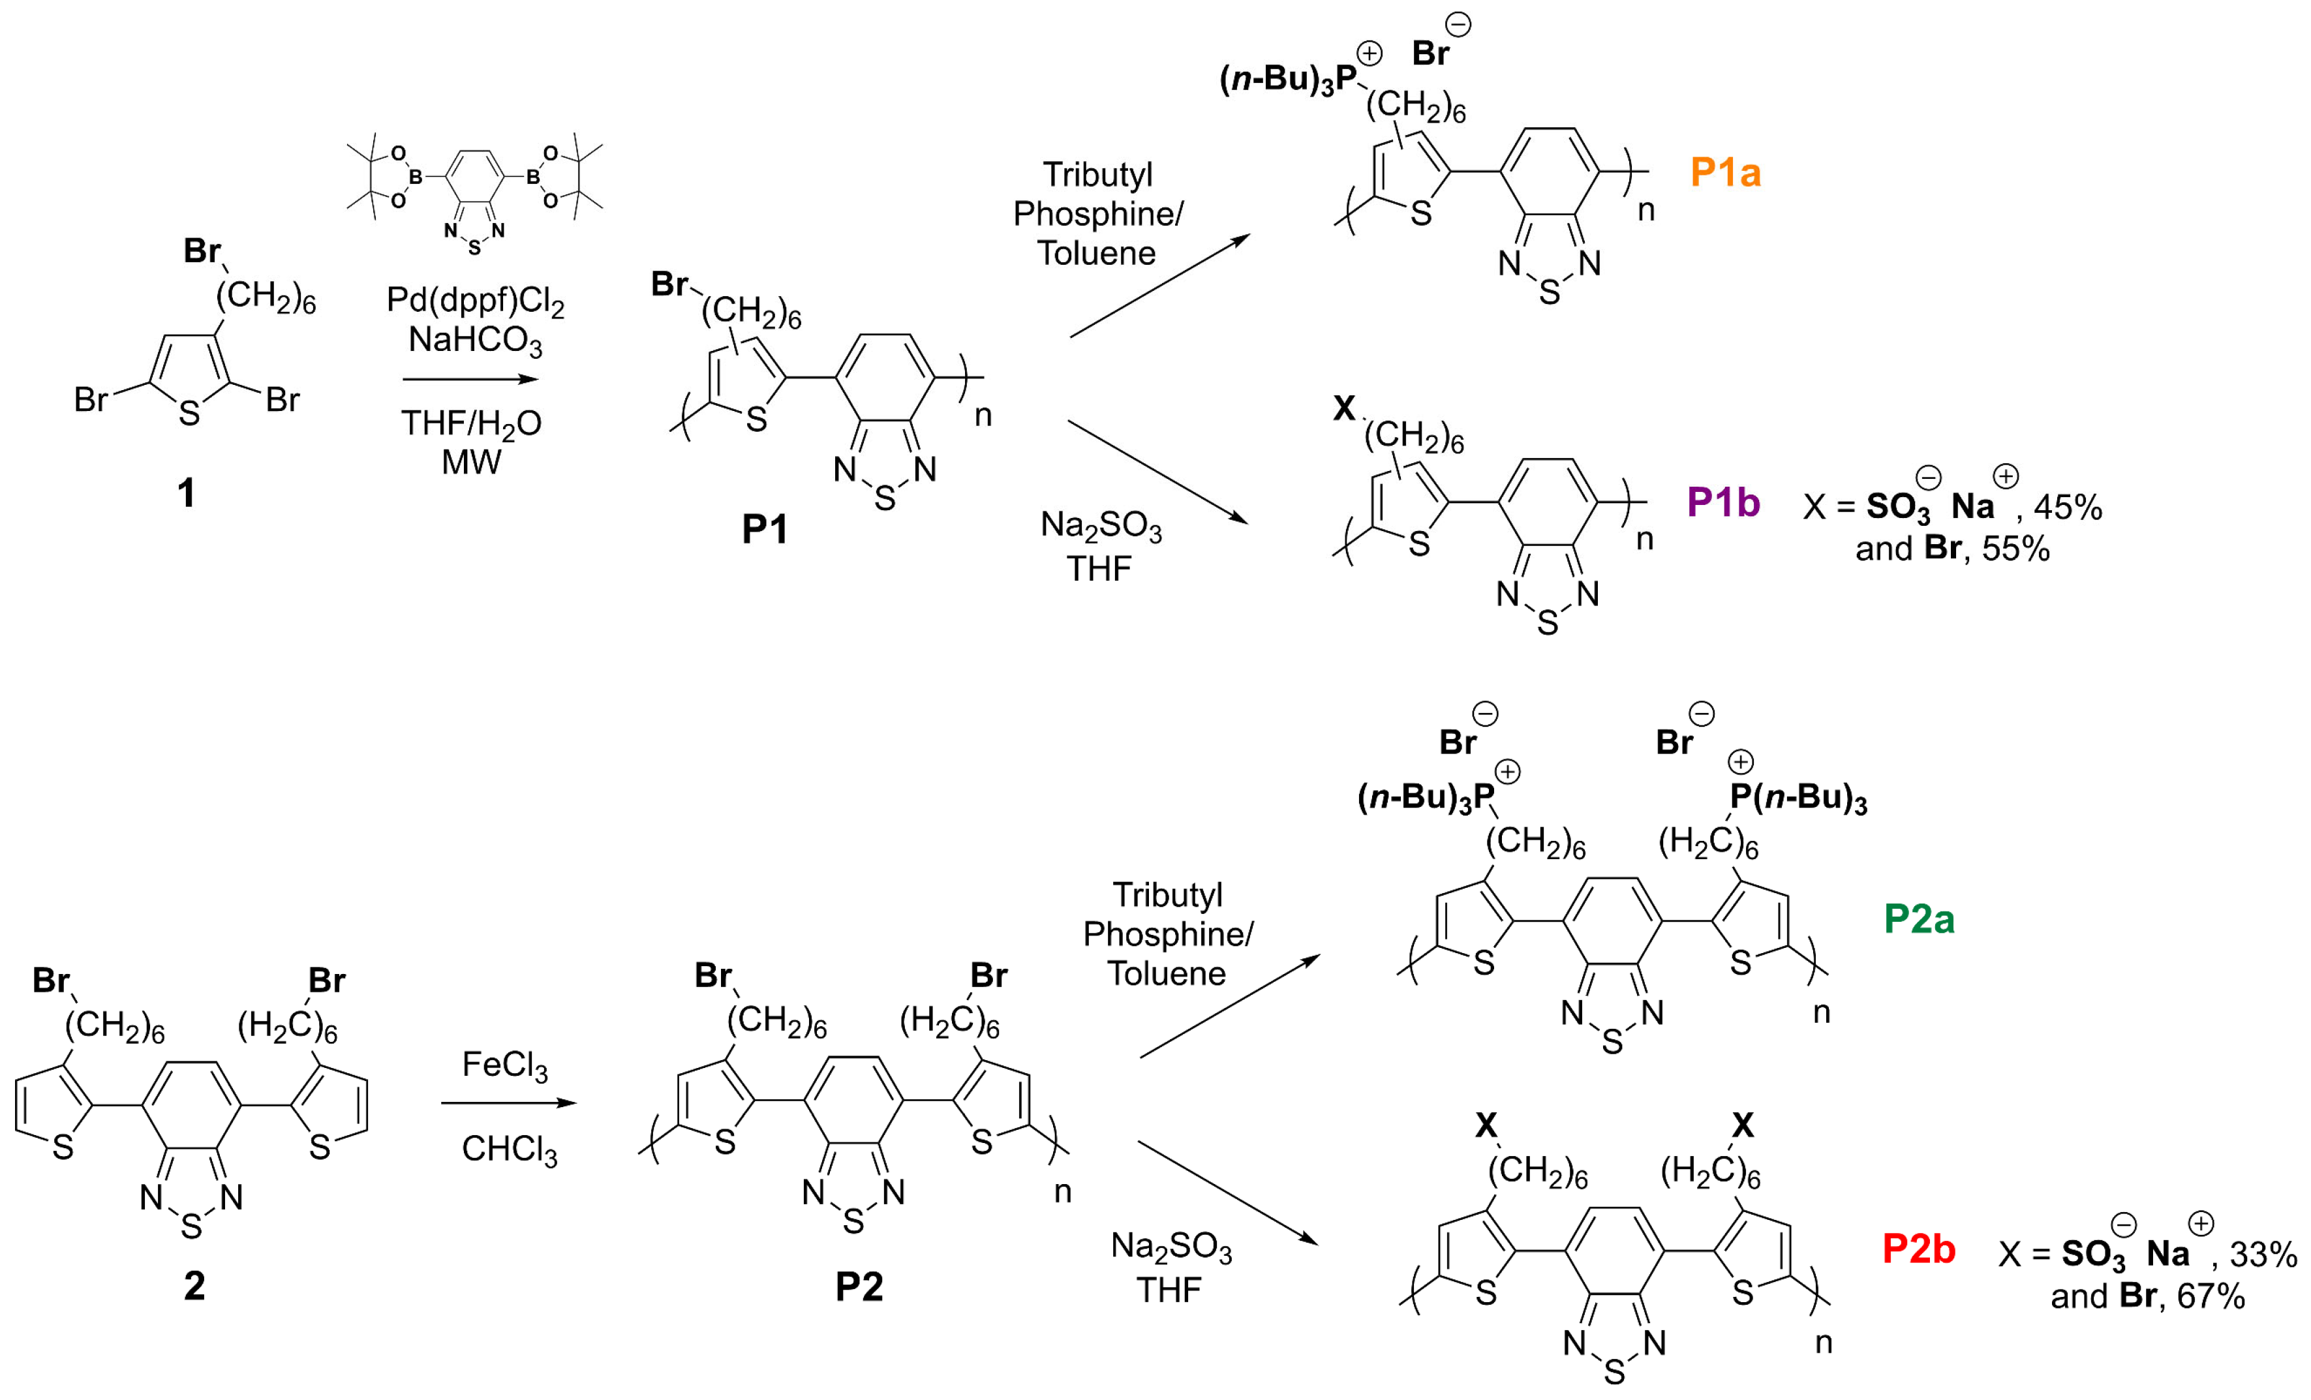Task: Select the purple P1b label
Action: (1723, 504)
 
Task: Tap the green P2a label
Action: (1919, 919)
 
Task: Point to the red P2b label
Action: (1918, 1249)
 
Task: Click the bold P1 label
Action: (765, 530)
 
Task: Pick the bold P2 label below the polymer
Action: (859, 1286)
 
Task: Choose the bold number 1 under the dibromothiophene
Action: (187, 493)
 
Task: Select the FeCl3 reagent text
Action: (504, 1065)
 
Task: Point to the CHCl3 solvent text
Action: (510, 1149)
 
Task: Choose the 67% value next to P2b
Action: (2211, 1297)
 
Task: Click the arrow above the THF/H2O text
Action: (471, 380)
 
